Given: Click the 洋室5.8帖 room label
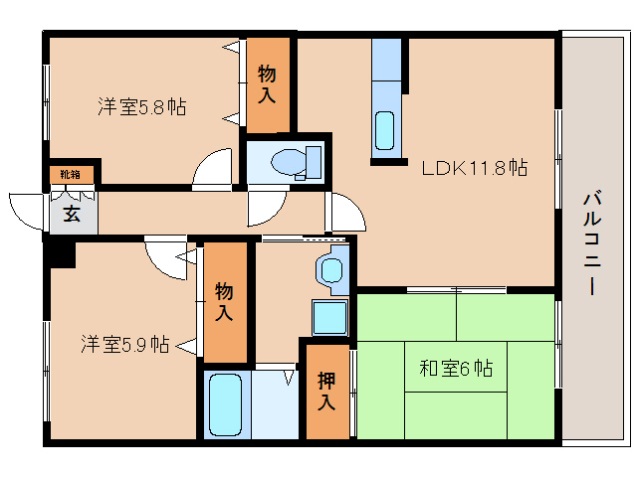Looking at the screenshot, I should (141, 106).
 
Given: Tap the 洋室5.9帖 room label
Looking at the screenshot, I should (124, 345).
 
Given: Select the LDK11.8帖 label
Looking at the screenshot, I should (474, 169).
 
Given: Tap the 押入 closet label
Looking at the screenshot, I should (326, 391).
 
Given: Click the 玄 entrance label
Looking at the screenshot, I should (73, 215).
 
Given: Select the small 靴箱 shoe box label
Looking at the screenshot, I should (71, 175).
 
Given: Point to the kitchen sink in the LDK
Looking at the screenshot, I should (385, 130).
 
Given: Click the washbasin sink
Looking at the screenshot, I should (330, 268).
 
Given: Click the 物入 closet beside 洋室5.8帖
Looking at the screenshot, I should (268, 85).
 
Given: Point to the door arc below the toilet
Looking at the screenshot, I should (267, 207).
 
